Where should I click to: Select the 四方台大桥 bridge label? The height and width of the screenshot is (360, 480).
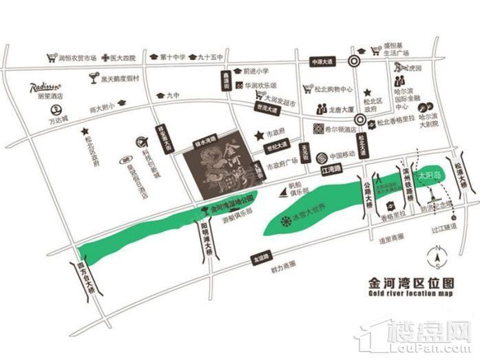coord(83,279)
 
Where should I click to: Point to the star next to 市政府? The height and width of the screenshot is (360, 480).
coord(259,135)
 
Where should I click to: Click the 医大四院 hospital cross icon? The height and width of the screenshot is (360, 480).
coord(104,59)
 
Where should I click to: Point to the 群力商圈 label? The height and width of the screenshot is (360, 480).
coord(284,264)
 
